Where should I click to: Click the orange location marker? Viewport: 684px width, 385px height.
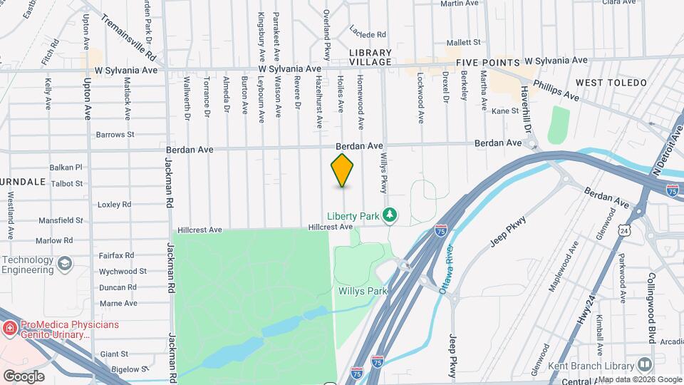click(343, 170)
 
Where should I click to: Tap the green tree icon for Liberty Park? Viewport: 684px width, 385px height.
click(390, 215)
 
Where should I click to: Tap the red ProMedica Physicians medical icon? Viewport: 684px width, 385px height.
click(9, 329)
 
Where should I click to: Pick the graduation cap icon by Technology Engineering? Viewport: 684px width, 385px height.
click(66, 265)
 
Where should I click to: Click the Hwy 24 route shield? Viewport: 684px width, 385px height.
click(625, 230)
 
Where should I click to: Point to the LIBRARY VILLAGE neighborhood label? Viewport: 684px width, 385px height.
click(370, 57)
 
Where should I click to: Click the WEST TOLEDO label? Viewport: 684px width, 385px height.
click(611, 83)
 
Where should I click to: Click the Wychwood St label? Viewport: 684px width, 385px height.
click(123, 272)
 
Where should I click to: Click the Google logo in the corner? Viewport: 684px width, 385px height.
click(23, 376)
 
